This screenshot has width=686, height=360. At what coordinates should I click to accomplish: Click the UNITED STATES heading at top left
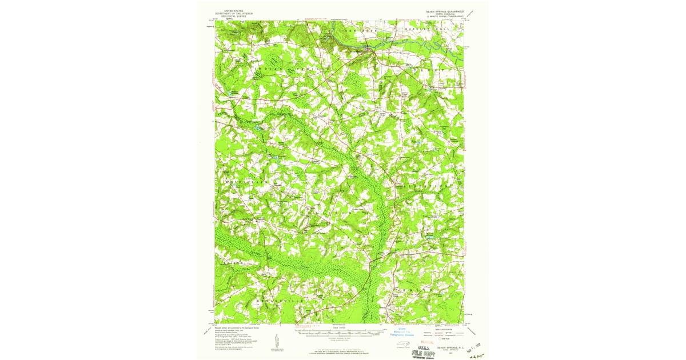234,10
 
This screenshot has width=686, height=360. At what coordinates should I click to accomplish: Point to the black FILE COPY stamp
424,353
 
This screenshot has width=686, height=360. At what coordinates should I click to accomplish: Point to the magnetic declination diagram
277,341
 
